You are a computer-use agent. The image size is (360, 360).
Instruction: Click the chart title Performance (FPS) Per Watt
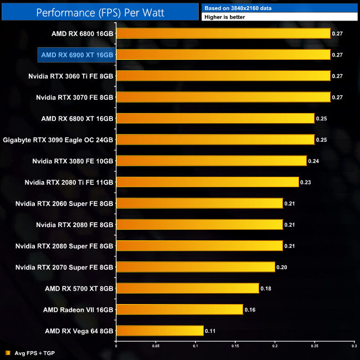tap(99, 12)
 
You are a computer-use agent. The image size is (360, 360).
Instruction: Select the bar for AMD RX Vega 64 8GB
tap(160, 331)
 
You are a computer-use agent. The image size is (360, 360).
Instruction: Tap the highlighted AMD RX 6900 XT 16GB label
tap(77, 55)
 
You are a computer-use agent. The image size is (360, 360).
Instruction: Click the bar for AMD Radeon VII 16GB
tap(179, 310)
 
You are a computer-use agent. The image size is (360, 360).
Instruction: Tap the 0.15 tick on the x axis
tap(235, 346)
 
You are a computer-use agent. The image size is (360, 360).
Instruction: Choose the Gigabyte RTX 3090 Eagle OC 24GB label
tap(58, 140)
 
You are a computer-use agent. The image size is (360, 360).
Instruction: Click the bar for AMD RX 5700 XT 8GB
tap(187, 289)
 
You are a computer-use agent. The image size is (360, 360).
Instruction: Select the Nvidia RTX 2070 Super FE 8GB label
tap(64, 267)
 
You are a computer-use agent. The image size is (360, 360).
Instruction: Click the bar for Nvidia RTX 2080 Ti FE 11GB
tap(207, 182)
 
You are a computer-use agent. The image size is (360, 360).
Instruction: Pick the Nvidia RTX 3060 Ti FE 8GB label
tap(71, 76)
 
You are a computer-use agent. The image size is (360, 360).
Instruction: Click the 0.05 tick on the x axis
tap(156, 346)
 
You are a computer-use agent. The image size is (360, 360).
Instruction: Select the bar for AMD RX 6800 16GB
tap(223, 33)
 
